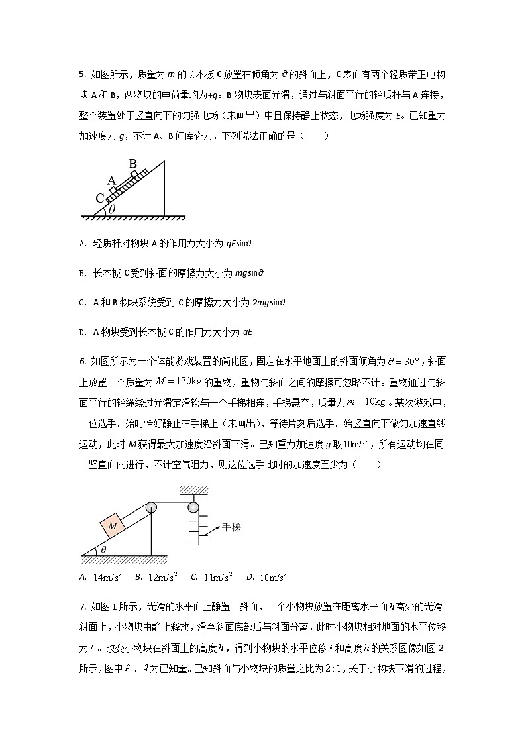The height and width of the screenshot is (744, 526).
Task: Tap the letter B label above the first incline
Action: pos(132,163)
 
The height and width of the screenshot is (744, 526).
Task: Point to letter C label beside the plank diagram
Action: pos(99,198)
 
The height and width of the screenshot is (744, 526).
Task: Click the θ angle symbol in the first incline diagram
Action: pos(112,209)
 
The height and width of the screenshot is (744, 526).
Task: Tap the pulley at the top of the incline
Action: pos(151,507)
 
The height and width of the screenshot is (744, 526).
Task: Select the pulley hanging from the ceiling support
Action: pos(193,507)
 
